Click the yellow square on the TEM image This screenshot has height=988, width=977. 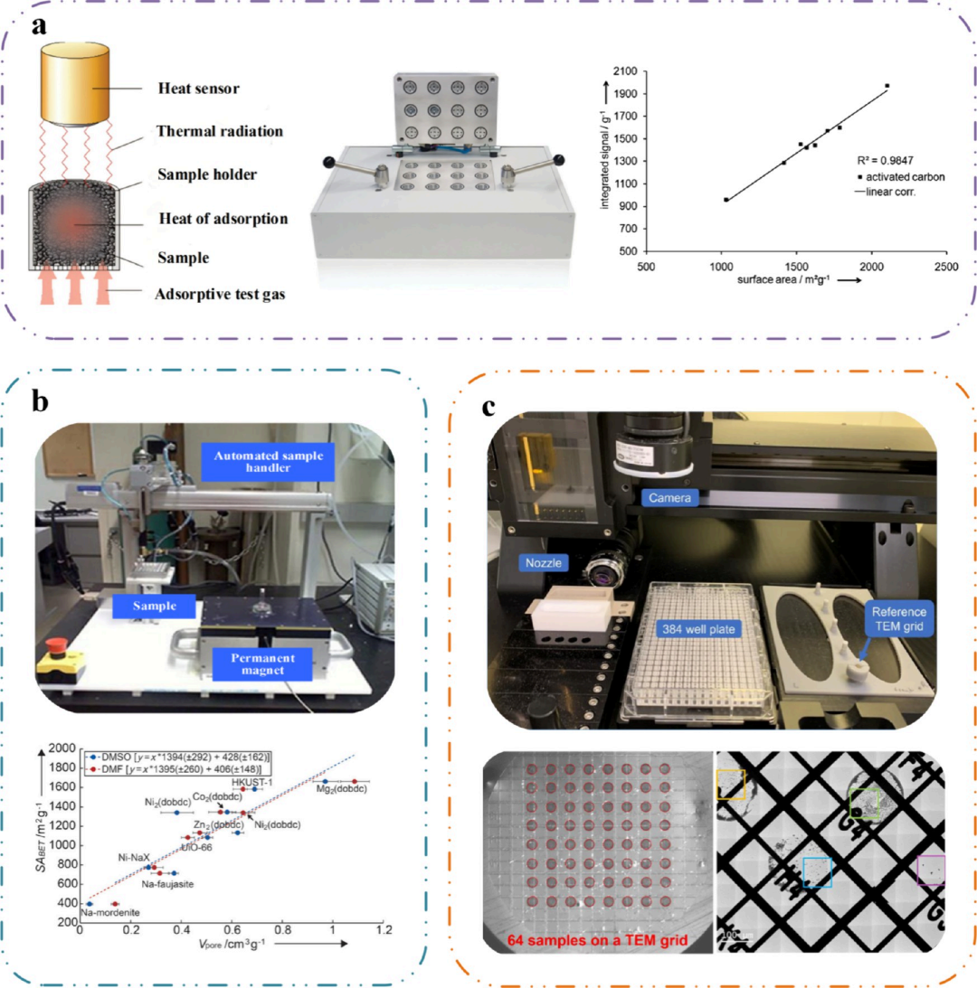coord(729,785)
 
